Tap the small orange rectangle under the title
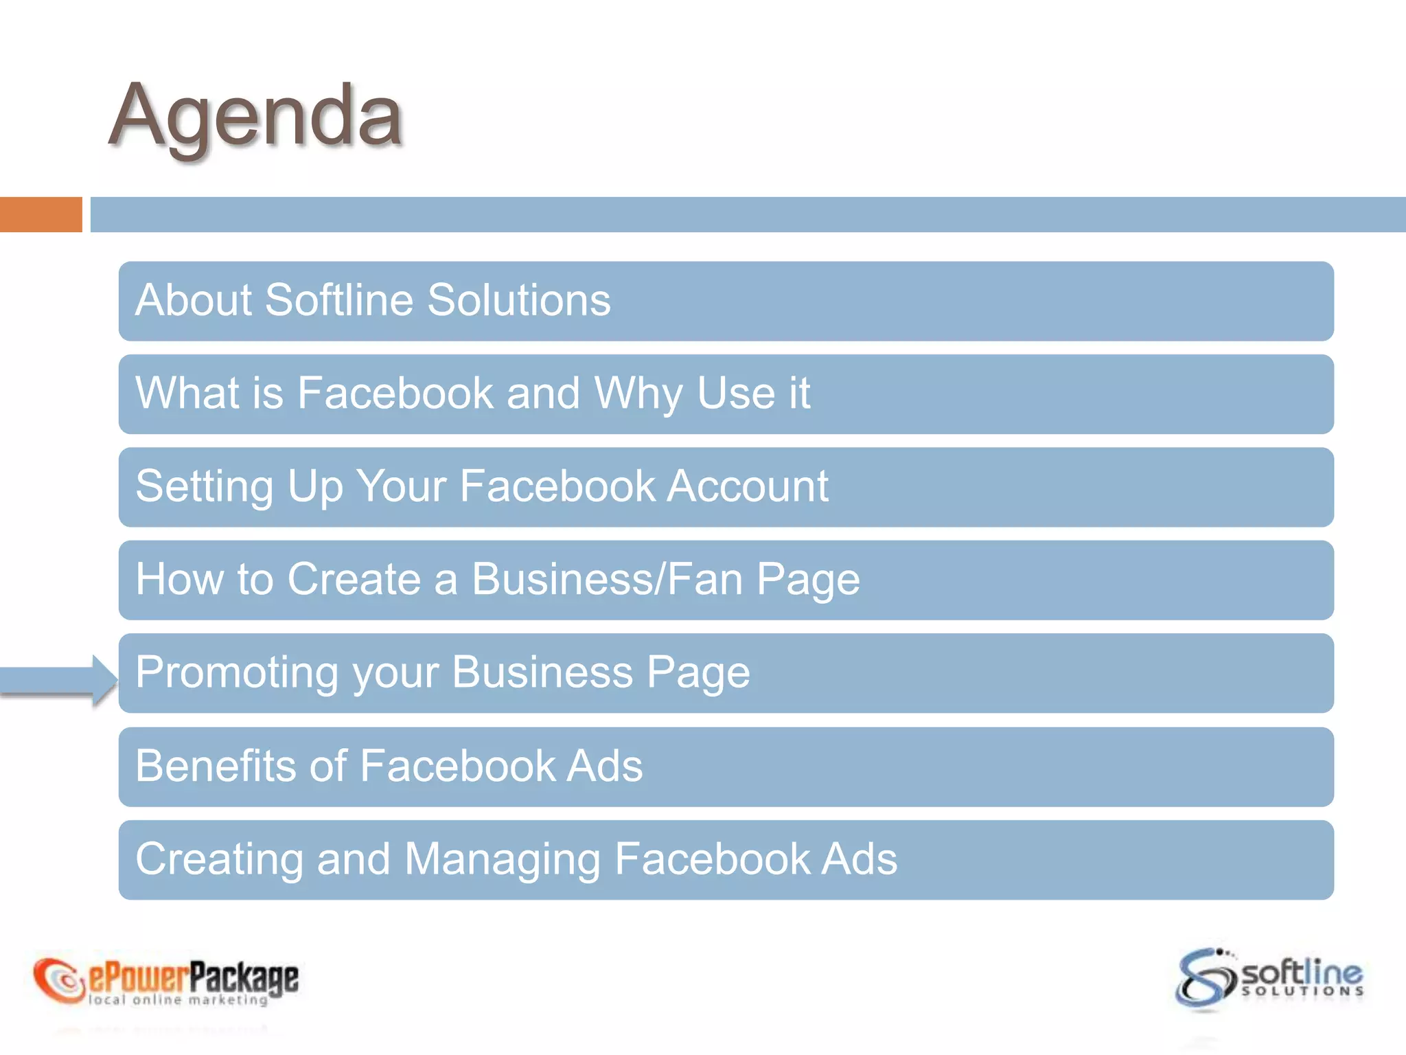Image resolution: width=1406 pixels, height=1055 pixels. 41,214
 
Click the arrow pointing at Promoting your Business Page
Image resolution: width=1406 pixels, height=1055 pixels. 58,679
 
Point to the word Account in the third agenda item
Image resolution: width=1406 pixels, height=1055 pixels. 748,486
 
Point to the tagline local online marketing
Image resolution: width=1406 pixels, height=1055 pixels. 178,1000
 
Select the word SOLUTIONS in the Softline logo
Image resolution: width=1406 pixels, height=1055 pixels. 1302,991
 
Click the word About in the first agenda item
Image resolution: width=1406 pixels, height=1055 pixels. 194,300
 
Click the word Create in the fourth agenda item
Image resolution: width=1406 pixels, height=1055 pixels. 354,579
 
